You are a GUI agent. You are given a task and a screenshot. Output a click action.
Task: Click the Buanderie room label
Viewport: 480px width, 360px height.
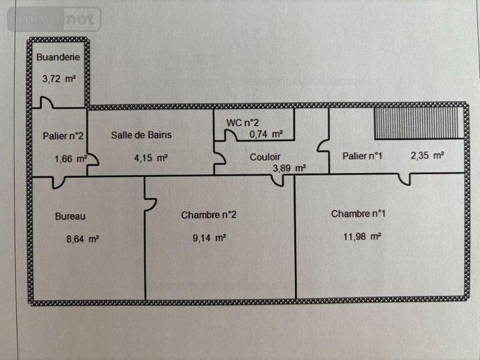58,57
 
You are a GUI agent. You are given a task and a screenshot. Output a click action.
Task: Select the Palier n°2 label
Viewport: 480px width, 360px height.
64,136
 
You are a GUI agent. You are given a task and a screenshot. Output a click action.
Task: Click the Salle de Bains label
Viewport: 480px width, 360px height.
141,135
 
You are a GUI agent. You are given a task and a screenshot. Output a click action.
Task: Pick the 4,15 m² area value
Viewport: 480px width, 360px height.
151,157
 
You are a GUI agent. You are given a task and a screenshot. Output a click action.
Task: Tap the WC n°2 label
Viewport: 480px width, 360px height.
242,121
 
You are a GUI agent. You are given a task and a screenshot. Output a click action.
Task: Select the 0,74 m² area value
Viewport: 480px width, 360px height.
266,134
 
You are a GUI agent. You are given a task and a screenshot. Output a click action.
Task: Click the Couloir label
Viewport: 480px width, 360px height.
265,156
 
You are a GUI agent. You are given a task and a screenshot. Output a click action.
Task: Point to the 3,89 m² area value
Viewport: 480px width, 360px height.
289,169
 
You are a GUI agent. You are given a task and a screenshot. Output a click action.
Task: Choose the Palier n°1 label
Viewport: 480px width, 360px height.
363,155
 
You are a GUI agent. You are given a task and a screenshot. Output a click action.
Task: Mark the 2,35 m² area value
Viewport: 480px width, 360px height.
428,155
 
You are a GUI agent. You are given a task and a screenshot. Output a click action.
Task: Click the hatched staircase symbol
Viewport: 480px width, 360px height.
417,123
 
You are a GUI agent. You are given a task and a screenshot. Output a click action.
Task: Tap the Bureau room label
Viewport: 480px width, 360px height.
70,216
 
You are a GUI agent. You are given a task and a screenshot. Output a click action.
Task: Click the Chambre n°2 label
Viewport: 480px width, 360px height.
209,215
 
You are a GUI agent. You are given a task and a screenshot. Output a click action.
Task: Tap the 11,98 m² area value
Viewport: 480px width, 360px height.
363,236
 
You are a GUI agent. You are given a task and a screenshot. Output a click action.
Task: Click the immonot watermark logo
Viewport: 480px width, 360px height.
54,19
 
